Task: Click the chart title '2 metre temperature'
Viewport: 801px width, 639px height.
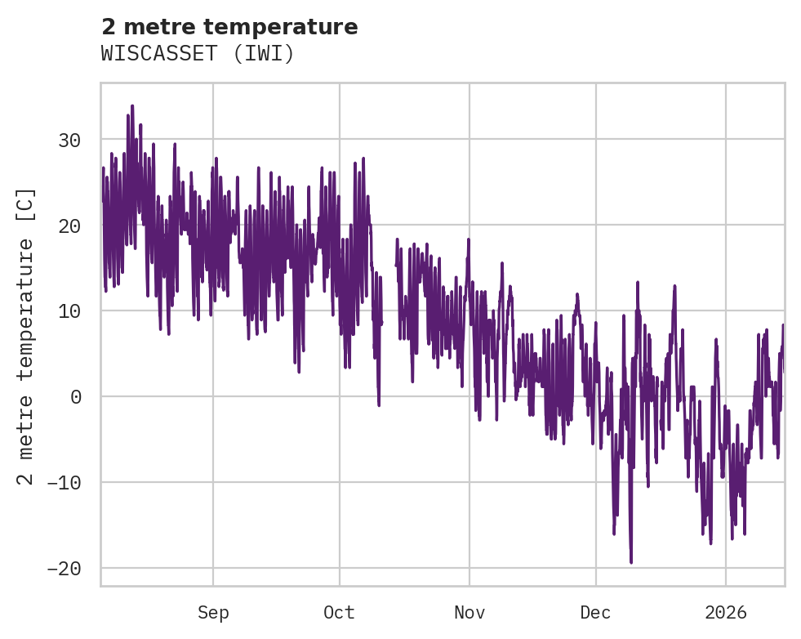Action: coord(229,27)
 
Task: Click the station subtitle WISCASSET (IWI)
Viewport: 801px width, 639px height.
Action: coord(197,54)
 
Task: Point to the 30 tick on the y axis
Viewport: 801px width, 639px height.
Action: coord(69,140)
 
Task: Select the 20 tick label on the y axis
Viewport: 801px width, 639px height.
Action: coord(69,226)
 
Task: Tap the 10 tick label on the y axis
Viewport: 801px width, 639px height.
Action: coord(69,311)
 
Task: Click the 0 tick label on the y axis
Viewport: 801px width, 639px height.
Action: coord(75,397)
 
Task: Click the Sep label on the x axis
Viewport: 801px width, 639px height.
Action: coord(213,612)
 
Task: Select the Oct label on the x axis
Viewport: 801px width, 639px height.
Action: coord(339,612)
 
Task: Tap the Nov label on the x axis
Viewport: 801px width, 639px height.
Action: coord(469,612)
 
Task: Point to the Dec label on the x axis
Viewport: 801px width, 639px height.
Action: coord(596,612)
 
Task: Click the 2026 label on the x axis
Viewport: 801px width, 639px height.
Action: coord(726,612)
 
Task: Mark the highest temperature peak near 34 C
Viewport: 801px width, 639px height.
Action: coord(132,106)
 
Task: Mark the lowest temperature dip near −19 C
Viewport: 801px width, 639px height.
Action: coord(631,561)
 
